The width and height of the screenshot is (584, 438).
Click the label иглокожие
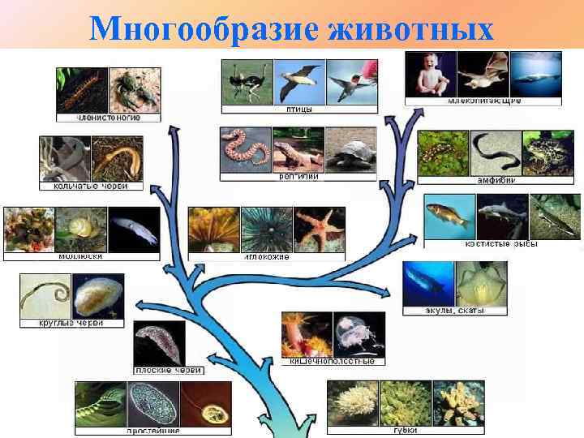coord(267,256)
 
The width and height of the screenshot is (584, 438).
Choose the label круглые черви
coord(71,323)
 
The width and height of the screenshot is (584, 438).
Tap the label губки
coord(405,431)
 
